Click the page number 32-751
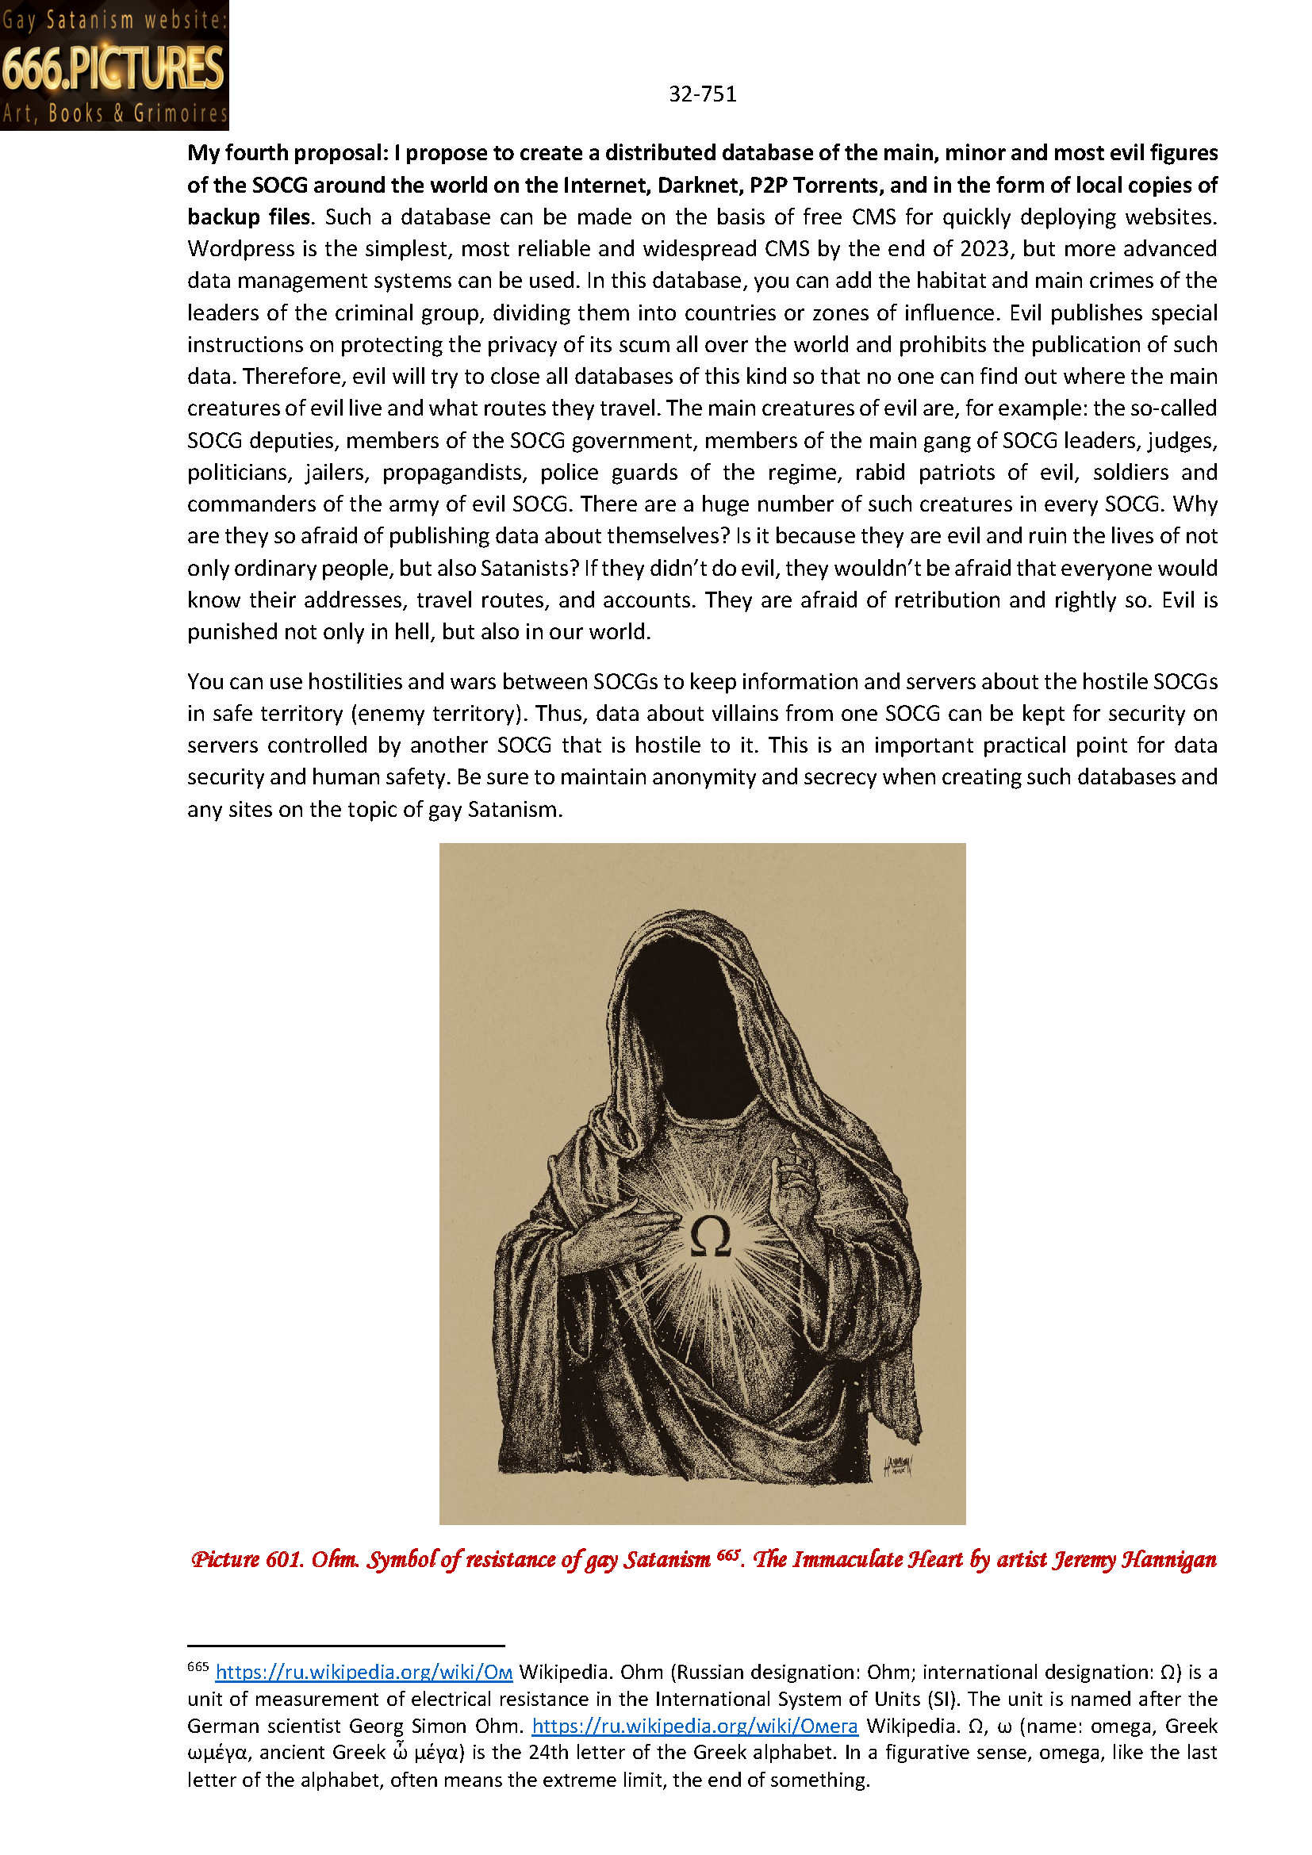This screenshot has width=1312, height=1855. (x=702, y=94)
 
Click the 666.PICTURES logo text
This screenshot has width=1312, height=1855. (x=113, y=68)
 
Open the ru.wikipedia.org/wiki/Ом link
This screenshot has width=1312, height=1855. (x=363, y=1672)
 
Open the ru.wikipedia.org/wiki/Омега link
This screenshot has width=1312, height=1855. (x=694, y=1726)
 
